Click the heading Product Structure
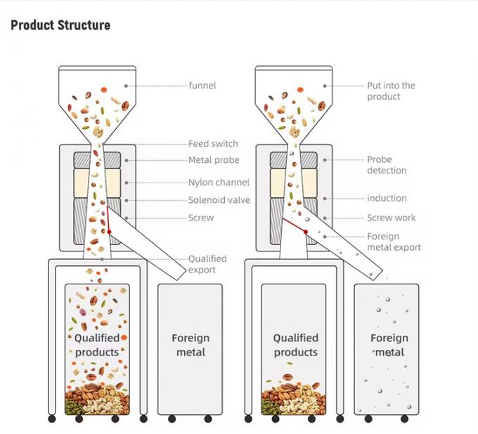click(60, 25)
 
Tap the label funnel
click(202, 86)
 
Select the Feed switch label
click(213, 144)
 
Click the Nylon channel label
click(219, 183)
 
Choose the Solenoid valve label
click(219, 200)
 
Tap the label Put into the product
click(391, 91)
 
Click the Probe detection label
click(387, 165)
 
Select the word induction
click(387, 198)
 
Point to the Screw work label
click(391, 218)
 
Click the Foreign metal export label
click(394, 242)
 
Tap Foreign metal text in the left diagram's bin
click(190, 345)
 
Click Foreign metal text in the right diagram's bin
click(389, 345)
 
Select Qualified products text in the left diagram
click(97, 345)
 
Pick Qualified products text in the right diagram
click(296, 345)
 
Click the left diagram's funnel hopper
click(98, 98)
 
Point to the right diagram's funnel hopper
click(295, 98)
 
